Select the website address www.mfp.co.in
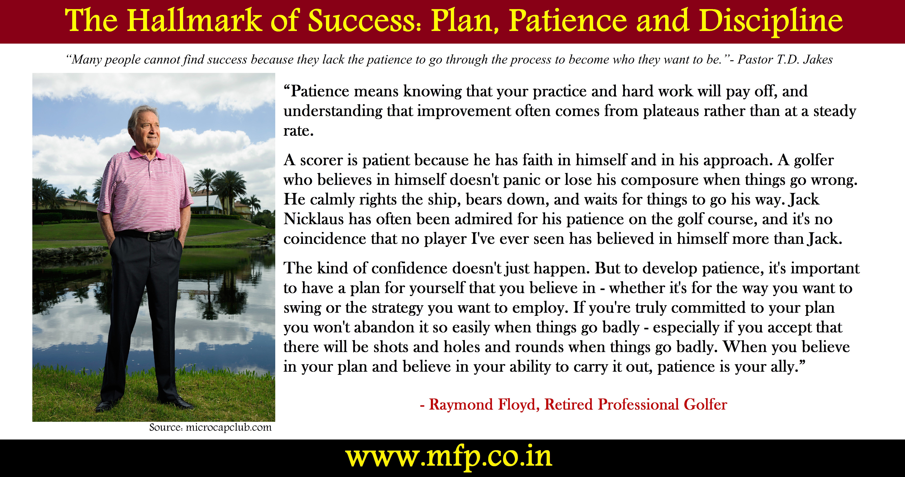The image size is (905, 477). (x=449, y=457)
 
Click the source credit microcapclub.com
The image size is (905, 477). (x=228, y=428)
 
